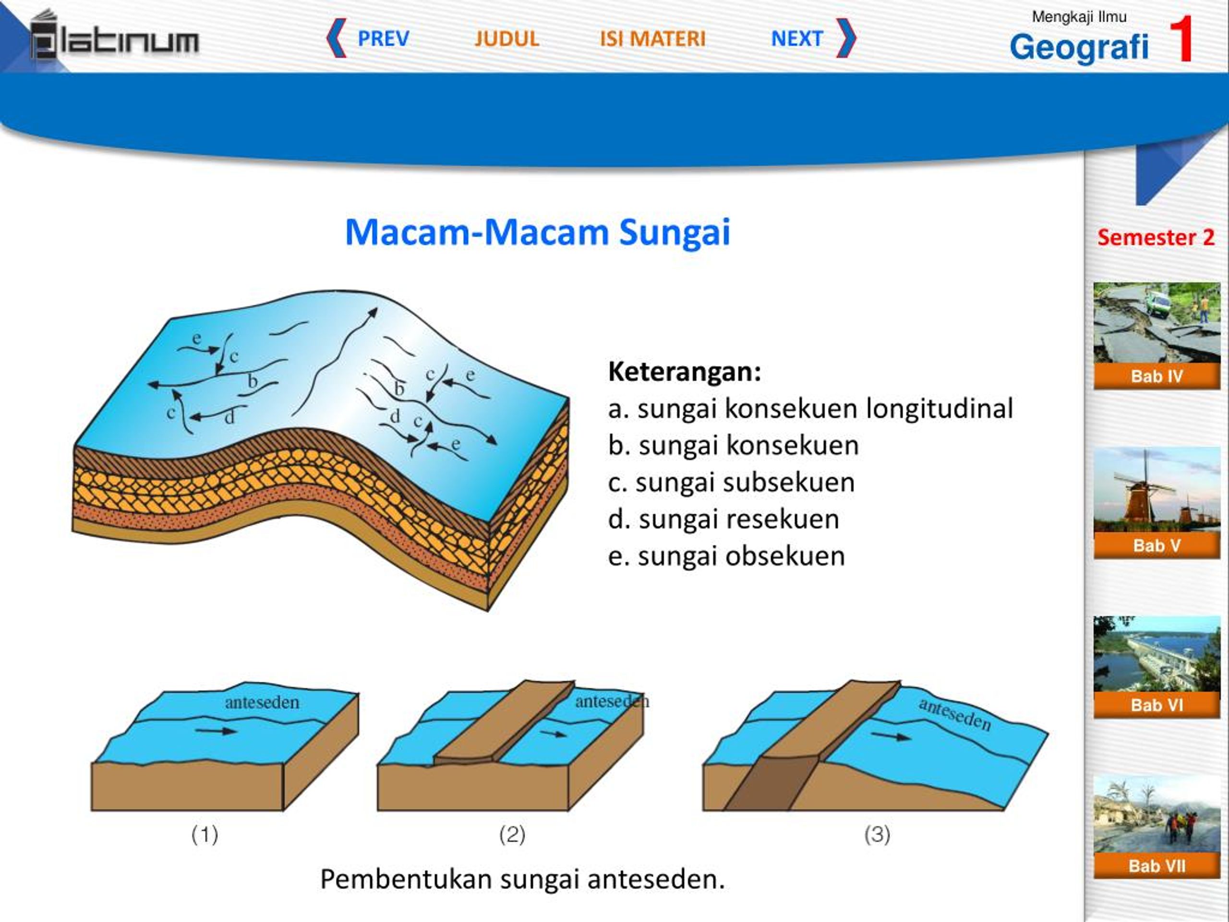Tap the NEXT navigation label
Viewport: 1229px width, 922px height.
797,38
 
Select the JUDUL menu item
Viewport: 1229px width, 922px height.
506,38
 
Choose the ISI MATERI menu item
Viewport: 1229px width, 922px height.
652,38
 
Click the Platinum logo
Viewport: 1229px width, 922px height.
114,36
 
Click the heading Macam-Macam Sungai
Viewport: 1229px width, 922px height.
537,232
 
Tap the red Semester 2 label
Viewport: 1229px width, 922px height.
1156,237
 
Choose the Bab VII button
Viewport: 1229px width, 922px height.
1157,865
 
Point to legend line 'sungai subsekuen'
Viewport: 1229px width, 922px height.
731,482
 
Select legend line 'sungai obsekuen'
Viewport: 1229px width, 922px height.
726,556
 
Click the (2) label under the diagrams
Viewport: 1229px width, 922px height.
512,834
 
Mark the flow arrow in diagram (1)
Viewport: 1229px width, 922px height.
216,731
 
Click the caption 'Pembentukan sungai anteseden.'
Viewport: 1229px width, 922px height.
522,879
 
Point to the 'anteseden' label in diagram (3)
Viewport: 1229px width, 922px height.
954,714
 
